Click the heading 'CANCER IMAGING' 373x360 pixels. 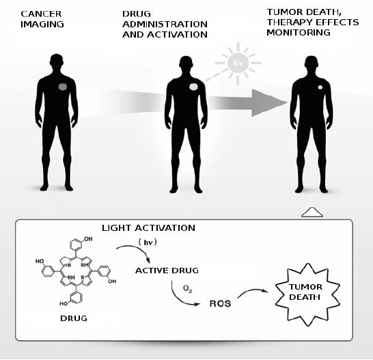coord(42,19)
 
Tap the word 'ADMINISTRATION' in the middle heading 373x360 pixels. coord(165,25)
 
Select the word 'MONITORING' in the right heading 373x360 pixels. coord(299,32)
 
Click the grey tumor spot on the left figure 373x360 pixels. coord(63,87)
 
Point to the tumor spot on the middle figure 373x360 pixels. coord(193,87)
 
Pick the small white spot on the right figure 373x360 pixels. coord(320,87)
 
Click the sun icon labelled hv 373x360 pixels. coord(238,63)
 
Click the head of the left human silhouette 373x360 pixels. coord(57,61)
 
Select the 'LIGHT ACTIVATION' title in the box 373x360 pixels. coord(148,228)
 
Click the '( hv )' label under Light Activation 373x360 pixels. coord(148,243)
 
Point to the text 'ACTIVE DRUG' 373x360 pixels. coord(167,271)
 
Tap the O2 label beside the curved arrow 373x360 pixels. coord(187,289)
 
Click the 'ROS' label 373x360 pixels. coord(220,303)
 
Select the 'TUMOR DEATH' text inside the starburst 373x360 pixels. coord(305,292)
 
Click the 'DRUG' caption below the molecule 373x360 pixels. coord(74,318)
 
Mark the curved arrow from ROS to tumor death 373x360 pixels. coord(252,291)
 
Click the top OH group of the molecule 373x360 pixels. coord(88,239)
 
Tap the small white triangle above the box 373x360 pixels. coord(312,212)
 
